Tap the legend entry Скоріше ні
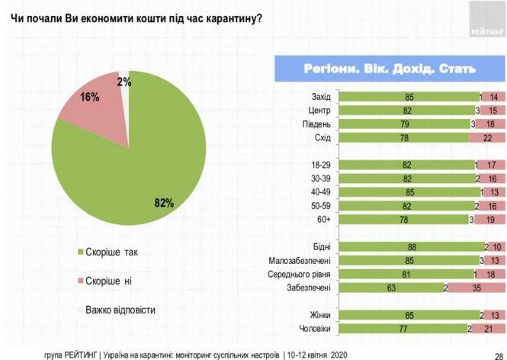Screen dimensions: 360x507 point(107,281)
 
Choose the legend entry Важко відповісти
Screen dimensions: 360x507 point(122,310)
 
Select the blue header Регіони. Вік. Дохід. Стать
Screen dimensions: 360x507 point(390,68)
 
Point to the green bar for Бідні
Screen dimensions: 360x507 point(410,246)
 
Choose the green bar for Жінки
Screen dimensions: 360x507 point(408,315)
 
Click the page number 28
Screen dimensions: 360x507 point(496,354)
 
